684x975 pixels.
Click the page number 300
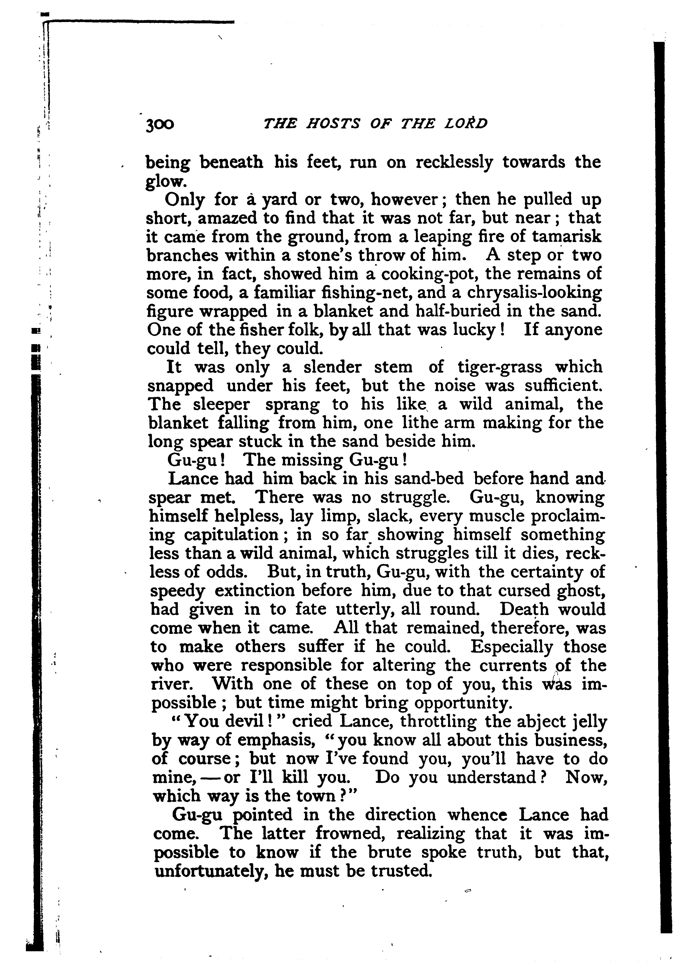coord(160,124)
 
